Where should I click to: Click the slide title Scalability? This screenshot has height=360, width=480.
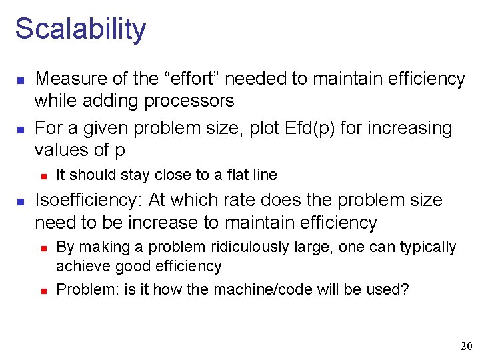click(x=80, y=29)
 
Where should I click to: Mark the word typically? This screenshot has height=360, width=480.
click(x=428, y=247)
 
